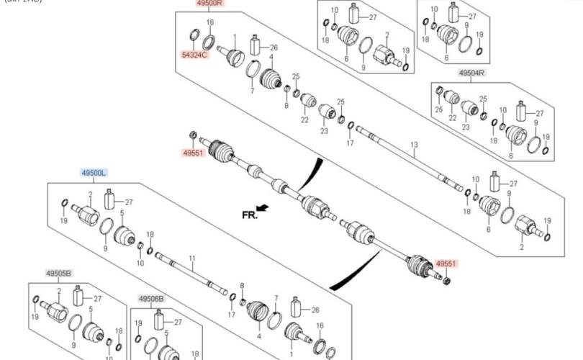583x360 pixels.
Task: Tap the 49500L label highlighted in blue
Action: point(94,173)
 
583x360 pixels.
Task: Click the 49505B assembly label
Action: point(59,274)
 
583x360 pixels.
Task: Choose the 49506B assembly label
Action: point(151,298)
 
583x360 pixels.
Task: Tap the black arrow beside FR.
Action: point(263,208)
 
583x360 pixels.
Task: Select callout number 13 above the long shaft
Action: point(414,145)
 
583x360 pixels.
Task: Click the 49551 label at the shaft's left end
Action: point(192,153)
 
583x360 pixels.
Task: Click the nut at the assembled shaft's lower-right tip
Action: point(446,280)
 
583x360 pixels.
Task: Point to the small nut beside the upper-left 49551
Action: point(191,137)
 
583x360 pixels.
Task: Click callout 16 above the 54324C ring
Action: point(210,23)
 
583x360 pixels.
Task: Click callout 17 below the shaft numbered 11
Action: point(230,315)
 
